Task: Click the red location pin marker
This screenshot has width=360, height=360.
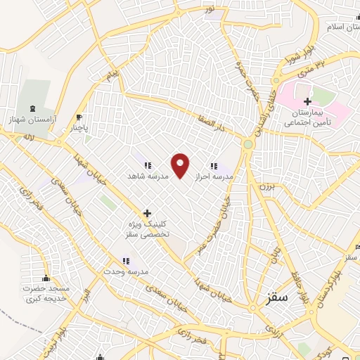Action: pyautogui.click(x=181, y=165)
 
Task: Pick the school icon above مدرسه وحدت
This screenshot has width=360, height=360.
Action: pyautogui.click(x=125, y=261)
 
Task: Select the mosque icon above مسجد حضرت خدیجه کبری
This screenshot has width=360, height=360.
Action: pyautogui.click(x=46, y=279)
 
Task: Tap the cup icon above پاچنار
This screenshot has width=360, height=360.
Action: pyautogui.click(x=79, y=117)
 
